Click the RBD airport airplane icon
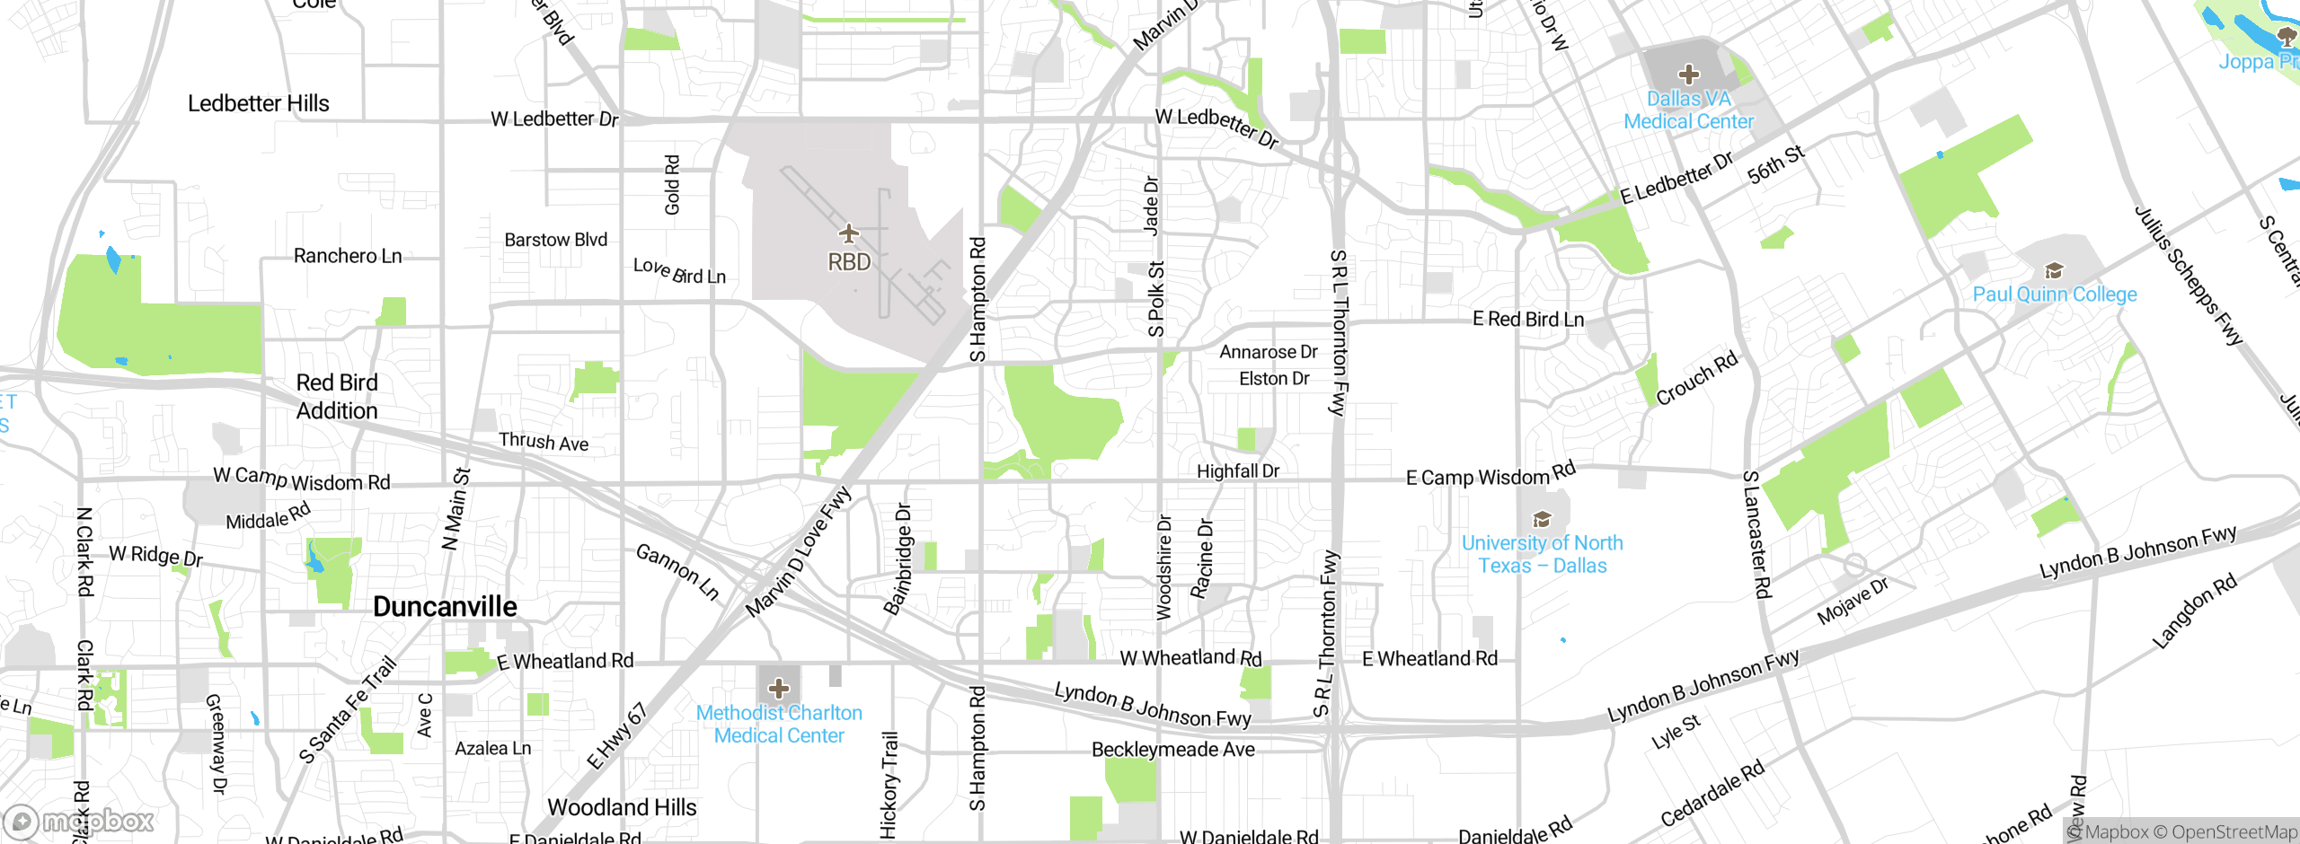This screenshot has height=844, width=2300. point(849,234)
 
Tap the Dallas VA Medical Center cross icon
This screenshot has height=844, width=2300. point(1688,74)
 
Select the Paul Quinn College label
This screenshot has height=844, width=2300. point(2054,295)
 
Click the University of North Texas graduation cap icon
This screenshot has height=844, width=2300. point(1542,519)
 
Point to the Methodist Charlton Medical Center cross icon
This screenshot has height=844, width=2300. point(779,689)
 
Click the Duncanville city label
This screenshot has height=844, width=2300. point(445,607)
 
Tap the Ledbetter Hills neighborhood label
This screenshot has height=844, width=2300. point(258,103)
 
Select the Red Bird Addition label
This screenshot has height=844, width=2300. point(337,397)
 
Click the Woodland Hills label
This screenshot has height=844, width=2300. point(622,807)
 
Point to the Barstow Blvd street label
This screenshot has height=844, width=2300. point(555,240)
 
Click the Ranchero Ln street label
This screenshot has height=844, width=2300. point(348,256)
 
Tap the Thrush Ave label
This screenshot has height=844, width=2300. point(544,442)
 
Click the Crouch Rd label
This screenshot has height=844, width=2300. point(1696,379)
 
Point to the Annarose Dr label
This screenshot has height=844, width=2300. point(1268,352)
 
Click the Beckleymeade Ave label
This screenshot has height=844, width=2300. point(1172,750)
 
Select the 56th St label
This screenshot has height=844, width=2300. point(1775,165)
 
